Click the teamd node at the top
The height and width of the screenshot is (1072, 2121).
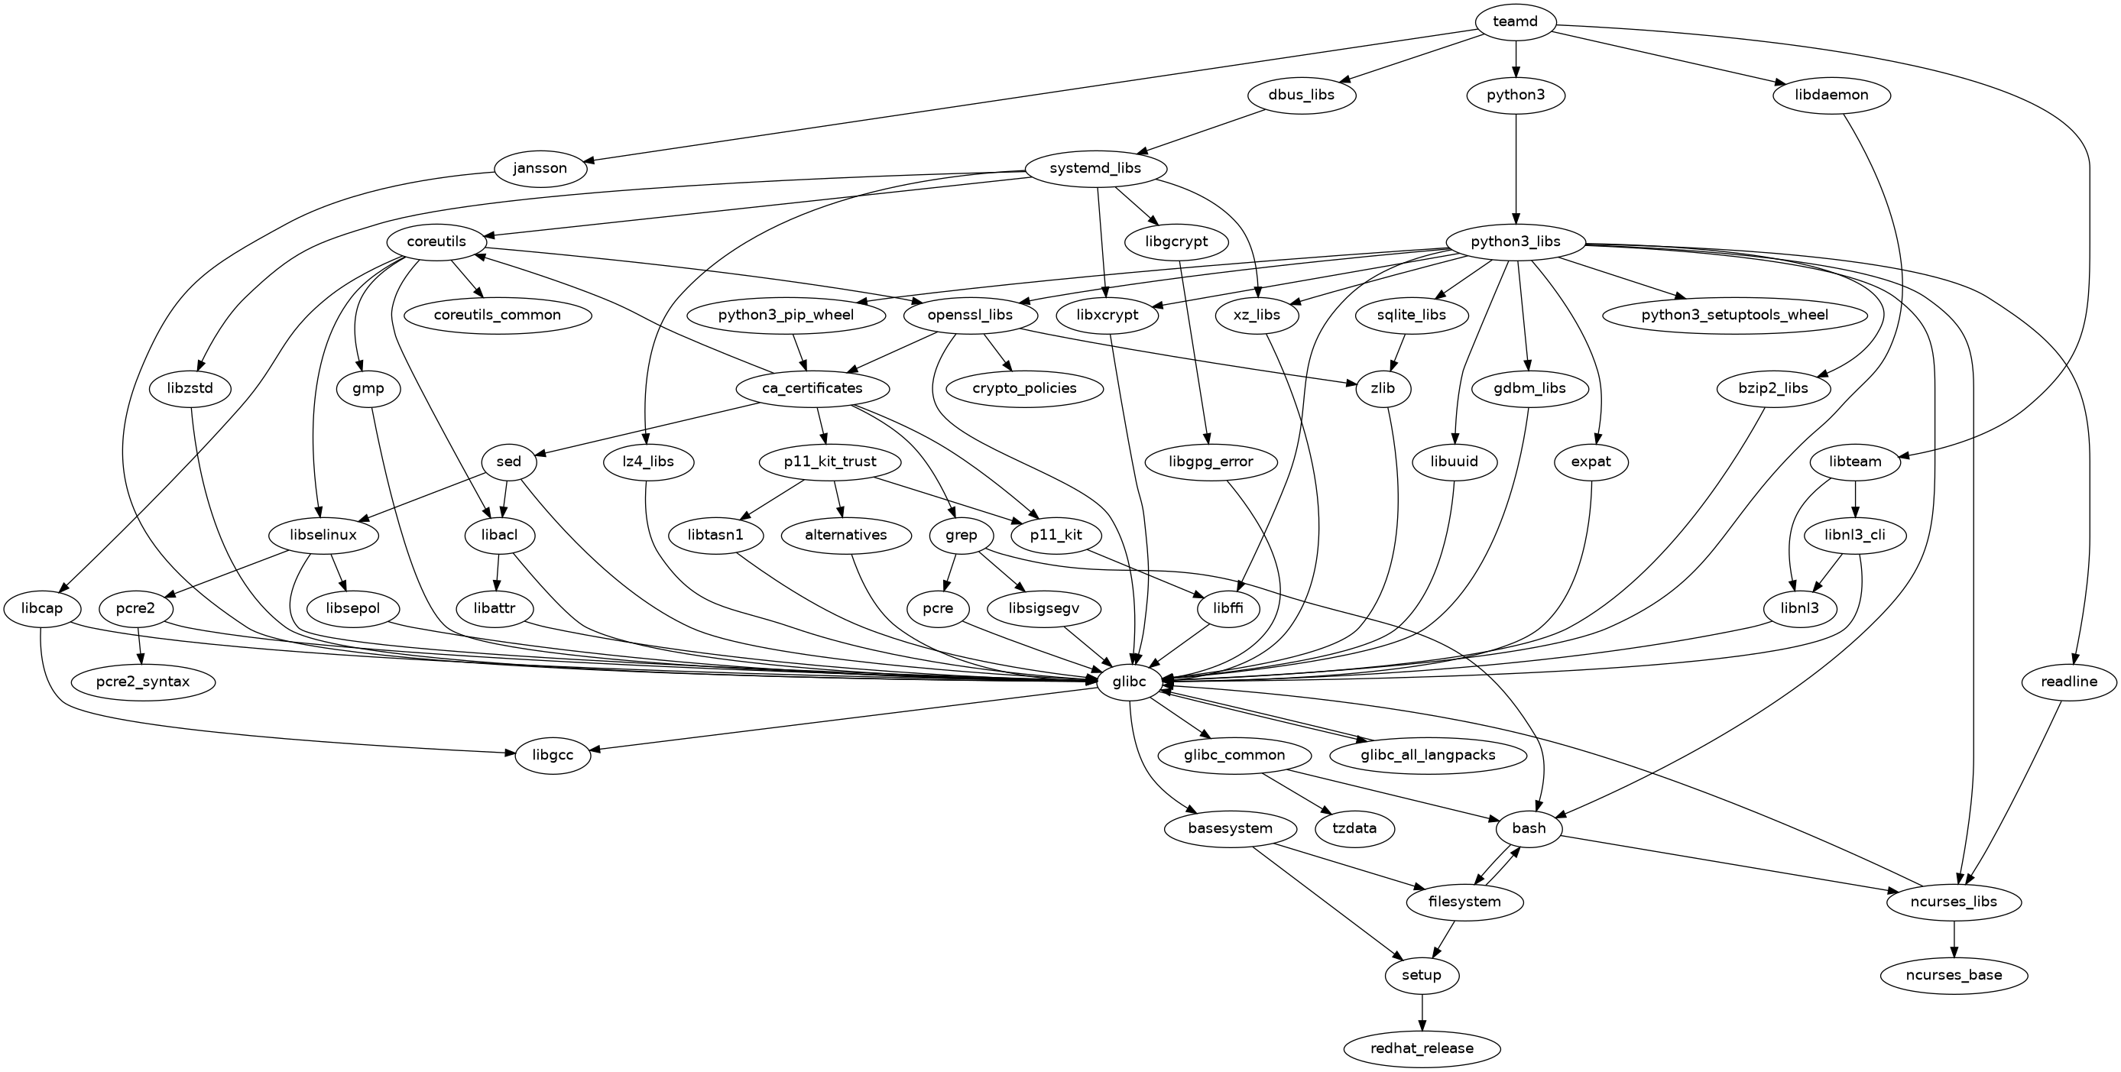click(x=1515, y=21)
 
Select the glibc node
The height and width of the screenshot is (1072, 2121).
click(x=1129, y=682)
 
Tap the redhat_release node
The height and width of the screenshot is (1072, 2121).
click(x=1422, y=1049)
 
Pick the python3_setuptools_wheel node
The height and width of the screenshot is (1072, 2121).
click(x=1734, y=315)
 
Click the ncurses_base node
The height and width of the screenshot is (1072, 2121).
click(x=1954, y=976)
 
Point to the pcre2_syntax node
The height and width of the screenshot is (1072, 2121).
click(x=142, y=682)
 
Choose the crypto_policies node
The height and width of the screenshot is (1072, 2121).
click(x=1024, y=388)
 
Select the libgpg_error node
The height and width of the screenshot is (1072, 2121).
click(x=1211, y=462)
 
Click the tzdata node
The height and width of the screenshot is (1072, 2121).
click(x=1354, y=828)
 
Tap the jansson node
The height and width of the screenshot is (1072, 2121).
click(x=540, y=169)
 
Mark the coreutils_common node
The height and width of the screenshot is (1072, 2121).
click(x=498, y=315)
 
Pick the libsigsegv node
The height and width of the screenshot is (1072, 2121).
click(x=1043, y=608)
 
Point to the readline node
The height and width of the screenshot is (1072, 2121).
click(x=2069, y=682)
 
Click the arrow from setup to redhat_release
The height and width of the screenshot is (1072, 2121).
click(x=1422, y=1012)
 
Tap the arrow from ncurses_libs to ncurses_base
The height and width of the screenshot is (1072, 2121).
click(x=1954, y=938)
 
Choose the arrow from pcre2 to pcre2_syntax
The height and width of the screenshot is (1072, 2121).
click(x=141, y=646)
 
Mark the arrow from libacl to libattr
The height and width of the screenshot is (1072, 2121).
click(x=498, y=572)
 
